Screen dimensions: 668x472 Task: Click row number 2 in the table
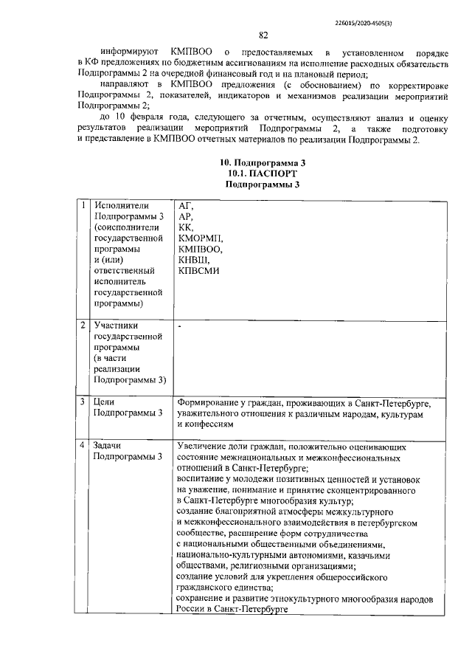pos(84,325)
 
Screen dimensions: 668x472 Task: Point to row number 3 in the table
pos(84,402)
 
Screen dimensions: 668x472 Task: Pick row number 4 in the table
pos(84,447)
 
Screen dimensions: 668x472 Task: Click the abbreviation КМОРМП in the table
pos(201,238)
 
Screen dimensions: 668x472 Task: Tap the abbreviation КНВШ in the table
pos(194,260)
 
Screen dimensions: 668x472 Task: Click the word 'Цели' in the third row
pos(105,402)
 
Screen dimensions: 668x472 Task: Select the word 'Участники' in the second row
pos(117,325)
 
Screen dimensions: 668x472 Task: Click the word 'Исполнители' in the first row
pos(121,206)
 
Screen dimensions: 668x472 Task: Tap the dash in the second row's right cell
pos(179,325)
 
